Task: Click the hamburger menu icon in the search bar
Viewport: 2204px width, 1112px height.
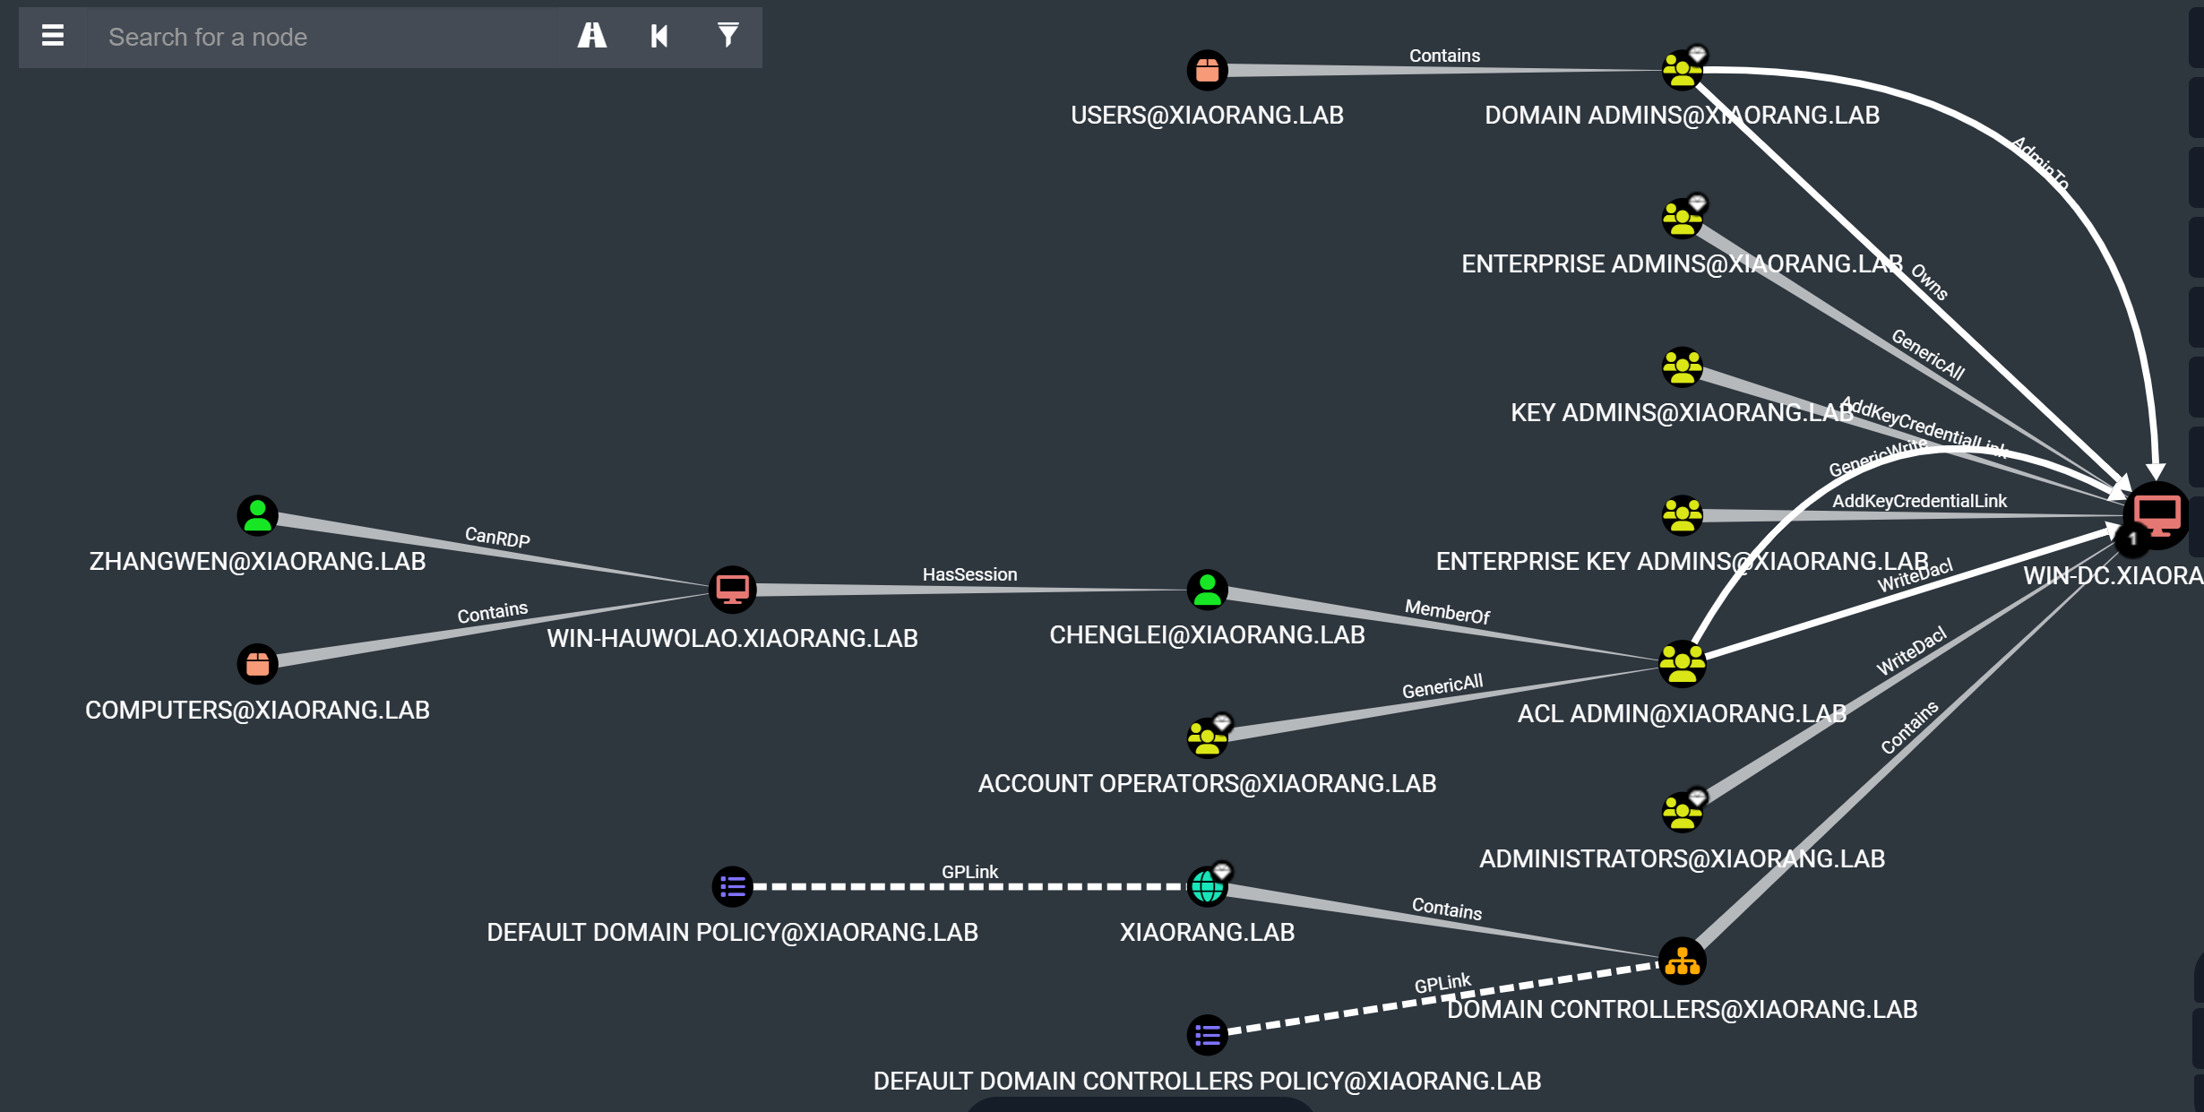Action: (53, 36)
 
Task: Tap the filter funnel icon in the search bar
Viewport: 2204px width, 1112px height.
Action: (727, 36)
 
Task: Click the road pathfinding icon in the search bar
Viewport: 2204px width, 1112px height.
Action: (591, 36)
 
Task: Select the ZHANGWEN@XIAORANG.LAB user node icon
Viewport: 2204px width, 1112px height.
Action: (257, 516)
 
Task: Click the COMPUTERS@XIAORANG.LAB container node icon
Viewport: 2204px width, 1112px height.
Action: (257, 665)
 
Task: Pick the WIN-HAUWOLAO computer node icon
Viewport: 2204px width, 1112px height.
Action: (732, 590)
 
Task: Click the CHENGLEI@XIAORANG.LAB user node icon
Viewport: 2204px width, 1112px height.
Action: (1207, 590)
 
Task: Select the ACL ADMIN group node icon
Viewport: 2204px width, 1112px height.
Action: (1682, 664)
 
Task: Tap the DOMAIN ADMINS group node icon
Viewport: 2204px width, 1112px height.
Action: (1682, 70)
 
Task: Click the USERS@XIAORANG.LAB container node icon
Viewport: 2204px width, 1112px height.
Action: (1207, 70)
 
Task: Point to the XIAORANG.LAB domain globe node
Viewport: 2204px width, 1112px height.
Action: (1207, 887)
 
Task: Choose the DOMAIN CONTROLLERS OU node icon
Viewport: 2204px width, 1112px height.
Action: (1682, 961)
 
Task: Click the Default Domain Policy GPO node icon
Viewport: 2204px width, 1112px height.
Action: (732, 887)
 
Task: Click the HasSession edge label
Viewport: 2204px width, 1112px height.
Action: (969, 574)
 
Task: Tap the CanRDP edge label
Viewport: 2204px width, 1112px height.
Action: (497, 537)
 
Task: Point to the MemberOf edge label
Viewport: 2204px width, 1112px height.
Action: (1447, 612)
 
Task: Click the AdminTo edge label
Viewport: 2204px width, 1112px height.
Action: (2040, 163)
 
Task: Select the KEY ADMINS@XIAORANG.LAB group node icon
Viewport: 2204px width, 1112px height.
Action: (1682, 367)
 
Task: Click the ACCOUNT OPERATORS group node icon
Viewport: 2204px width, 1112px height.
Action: (1207, 738)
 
